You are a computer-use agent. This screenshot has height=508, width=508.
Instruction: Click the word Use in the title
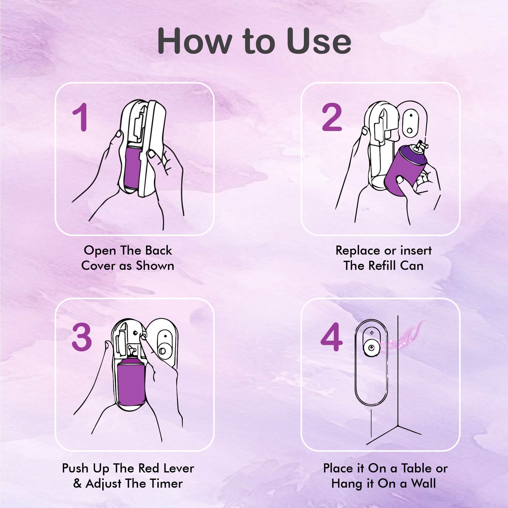click(x=319, y=41)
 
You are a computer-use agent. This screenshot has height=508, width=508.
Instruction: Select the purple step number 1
click(x=80, y=117)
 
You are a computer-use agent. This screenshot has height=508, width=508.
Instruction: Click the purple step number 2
click(x=332, y=117)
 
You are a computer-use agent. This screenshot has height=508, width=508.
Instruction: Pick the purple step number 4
click(x=332, y=337)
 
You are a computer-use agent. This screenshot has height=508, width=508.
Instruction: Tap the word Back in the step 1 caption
click(x=158, y=250)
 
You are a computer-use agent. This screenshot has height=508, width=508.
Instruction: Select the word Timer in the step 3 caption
click(x=166, y=483)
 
